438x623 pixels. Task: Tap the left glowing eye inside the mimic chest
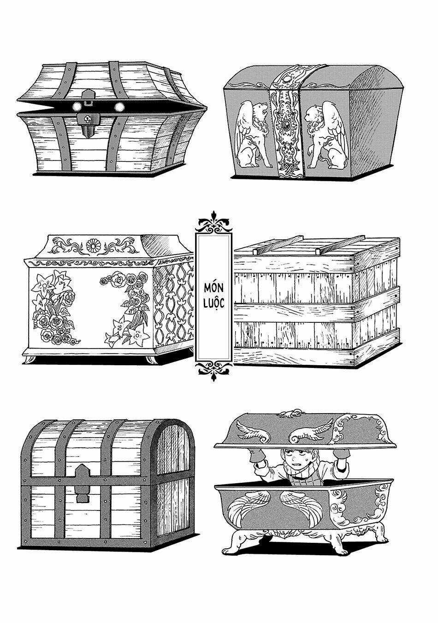coord(76,107)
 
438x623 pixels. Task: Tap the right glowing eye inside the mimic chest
coord(120,107)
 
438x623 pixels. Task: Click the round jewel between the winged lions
coord(285,125)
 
